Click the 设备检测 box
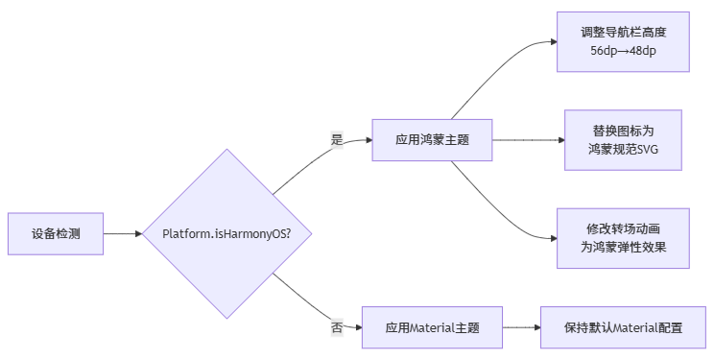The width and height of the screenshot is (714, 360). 55,233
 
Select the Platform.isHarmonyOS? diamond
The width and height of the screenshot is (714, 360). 226,233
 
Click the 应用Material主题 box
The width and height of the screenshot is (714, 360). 431,327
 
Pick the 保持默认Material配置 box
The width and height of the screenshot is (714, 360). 623,327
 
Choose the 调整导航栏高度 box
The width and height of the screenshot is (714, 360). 623,41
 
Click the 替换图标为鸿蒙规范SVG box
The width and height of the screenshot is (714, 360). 623,139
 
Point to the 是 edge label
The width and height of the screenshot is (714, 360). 337,140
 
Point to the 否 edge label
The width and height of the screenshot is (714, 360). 337,327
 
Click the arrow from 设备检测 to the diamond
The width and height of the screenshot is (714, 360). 121,233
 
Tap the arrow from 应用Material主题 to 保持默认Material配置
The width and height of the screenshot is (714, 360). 521,327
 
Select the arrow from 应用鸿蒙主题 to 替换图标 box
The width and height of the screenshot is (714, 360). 528,139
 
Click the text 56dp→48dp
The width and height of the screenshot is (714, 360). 623,52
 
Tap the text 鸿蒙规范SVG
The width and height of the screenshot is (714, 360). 623,150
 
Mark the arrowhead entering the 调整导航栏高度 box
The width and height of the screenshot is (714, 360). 552,41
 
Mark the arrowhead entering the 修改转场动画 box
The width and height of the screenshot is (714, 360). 552,238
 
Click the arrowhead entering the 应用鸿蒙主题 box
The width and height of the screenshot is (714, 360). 367,139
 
